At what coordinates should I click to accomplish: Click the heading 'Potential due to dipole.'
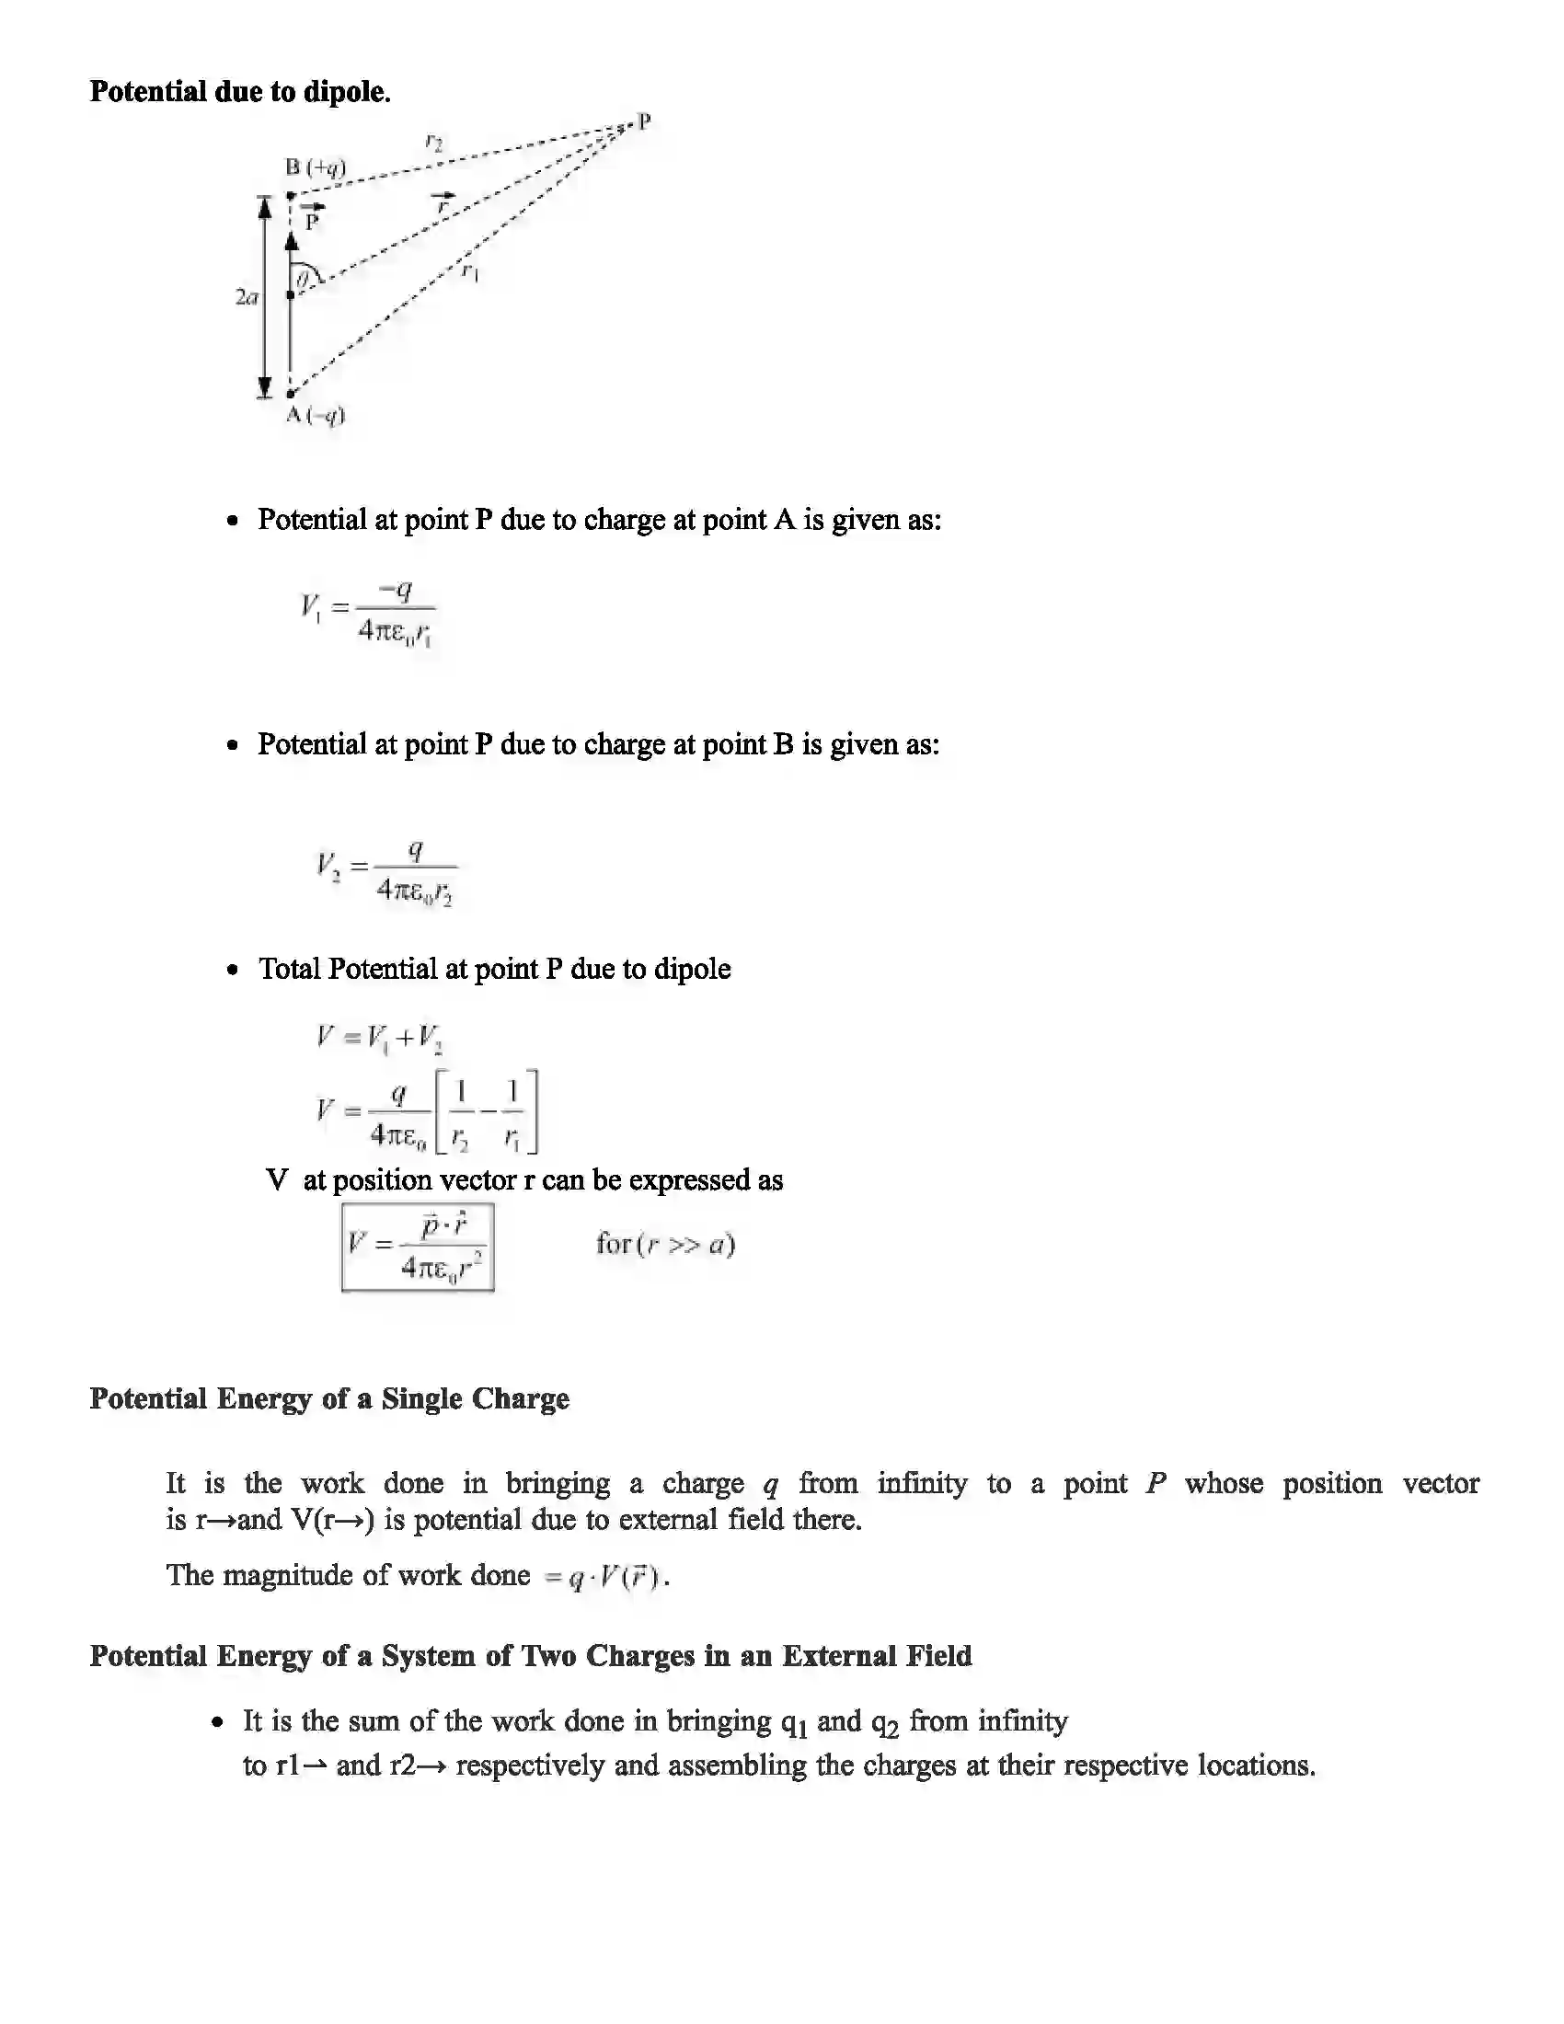click(240, 92)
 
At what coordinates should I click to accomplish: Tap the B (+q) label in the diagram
click(315, 167)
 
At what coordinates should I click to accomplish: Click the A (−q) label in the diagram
click(315, 415)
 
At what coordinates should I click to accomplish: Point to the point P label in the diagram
click(644, 121)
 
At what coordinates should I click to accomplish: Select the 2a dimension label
click(247, 297)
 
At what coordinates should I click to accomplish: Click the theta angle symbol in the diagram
click(303, 276)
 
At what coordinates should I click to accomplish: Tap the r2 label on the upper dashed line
click(433, 142)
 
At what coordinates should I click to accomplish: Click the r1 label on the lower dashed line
click(471, 271)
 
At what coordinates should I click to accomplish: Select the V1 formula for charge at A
click(368, 612)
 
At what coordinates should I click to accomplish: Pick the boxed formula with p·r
click(418, 1247)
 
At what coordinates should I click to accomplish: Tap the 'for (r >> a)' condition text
click(665, 1243)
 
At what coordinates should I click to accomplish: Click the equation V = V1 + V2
click(379, 1037)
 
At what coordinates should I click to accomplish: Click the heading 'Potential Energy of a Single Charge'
click(329, 1398)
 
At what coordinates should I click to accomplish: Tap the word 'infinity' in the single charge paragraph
click(922, 1484)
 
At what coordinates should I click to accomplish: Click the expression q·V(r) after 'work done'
click(605, 1576)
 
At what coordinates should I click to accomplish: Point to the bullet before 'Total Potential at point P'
click(233, 971)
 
